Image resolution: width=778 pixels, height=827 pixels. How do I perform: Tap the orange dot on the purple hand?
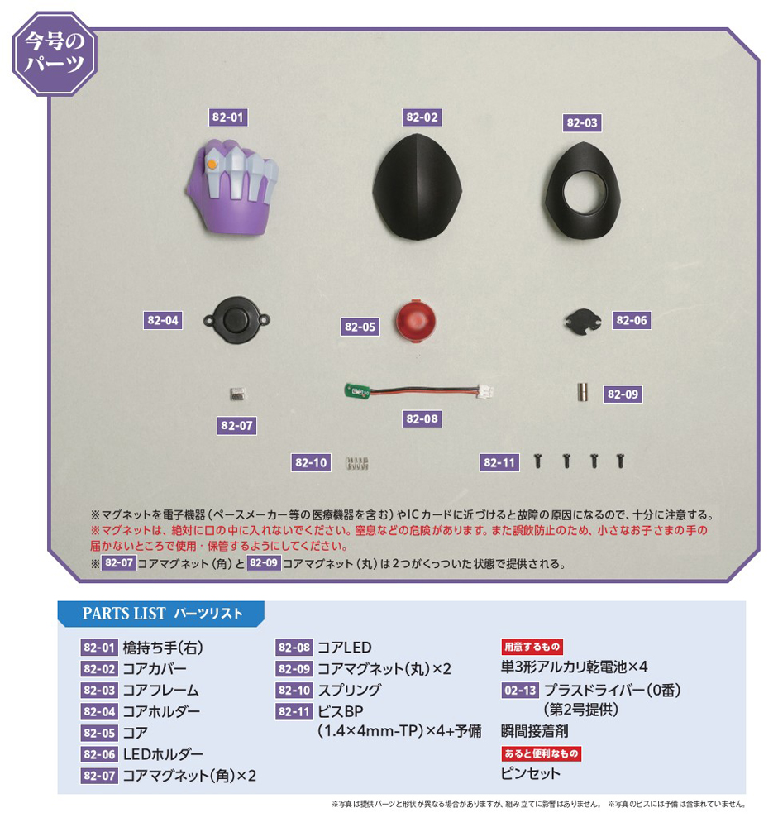coord(212,164)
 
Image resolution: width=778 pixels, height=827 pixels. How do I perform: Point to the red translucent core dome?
coord(416,321)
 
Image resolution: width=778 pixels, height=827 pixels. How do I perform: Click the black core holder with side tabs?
coord(236,320)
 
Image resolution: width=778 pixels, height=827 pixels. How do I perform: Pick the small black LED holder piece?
coord(583,321)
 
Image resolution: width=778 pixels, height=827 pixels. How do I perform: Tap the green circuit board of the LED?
coord(358,391)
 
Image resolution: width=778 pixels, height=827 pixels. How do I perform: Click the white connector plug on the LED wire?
coord(485,391)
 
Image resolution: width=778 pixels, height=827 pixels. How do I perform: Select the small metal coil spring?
coord(357,464)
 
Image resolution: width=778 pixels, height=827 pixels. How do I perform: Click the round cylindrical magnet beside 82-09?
coord(582,392)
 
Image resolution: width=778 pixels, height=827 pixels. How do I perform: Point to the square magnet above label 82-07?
coord(238,394)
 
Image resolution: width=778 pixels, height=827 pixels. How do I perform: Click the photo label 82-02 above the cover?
coord(422,117)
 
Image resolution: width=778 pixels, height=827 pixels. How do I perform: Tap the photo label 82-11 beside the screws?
coord(499,462)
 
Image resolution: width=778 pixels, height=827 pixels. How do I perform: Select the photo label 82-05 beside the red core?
coord(360,327)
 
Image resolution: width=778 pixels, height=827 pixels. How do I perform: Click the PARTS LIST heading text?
coord(124,614)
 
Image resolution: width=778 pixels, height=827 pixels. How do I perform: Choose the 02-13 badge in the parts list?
coord(520,690)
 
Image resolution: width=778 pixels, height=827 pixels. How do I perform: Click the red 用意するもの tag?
coord(532,647)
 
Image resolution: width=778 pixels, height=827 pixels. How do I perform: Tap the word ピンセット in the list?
coord(531,774)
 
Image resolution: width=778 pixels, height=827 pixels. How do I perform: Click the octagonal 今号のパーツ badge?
coord(55,53)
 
